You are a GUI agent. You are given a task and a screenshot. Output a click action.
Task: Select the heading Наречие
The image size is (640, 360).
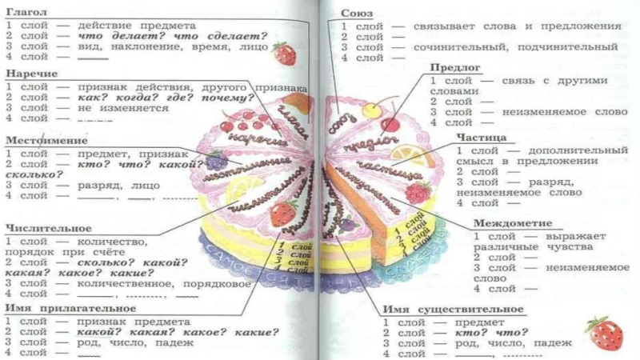[x=28, y=74]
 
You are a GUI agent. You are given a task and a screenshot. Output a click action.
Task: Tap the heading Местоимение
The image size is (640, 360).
[x=42, y=139]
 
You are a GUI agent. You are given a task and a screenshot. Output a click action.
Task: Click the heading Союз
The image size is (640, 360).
[x=356, y=14]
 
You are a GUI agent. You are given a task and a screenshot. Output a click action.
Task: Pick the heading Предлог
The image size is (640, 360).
[x=455, y=69]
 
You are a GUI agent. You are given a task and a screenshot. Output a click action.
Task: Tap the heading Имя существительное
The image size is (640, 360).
[x=452, y=309]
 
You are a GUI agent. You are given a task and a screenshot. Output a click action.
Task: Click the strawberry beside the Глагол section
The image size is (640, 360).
[x=284, y=54]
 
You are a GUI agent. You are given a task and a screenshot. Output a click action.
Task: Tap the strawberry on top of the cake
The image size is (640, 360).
[x=282, y=214]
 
